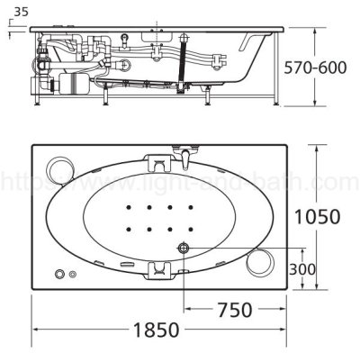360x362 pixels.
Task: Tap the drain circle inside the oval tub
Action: (184, 248)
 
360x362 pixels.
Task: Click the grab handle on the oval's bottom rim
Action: (160, 267)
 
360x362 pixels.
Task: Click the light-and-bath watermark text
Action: (180, 184)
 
